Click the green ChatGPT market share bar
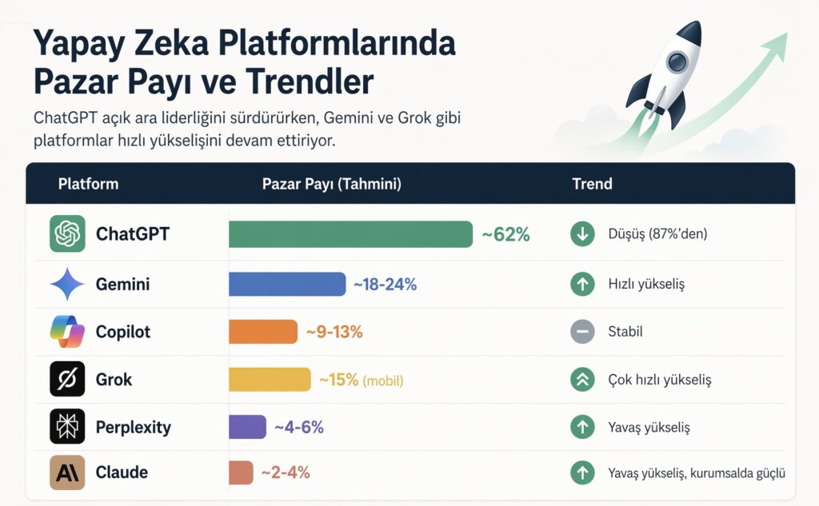350,234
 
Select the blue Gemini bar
287,284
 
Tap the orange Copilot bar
262,332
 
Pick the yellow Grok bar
270,380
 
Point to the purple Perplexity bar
247,427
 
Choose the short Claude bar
241,472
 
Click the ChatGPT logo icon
67,234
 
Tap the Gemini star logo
67,284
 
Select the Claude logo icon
67,472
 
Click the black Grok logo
67,380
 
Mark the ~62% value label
505,234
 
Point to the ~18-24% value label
385,284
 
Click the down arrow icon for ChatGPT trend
582,234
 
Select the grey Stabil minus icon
582,332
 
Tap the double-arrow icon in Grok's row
582,380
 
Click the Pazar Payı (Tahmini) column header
331,184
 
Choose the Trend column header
592,184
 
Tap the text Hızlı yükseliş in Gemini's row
646,284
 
